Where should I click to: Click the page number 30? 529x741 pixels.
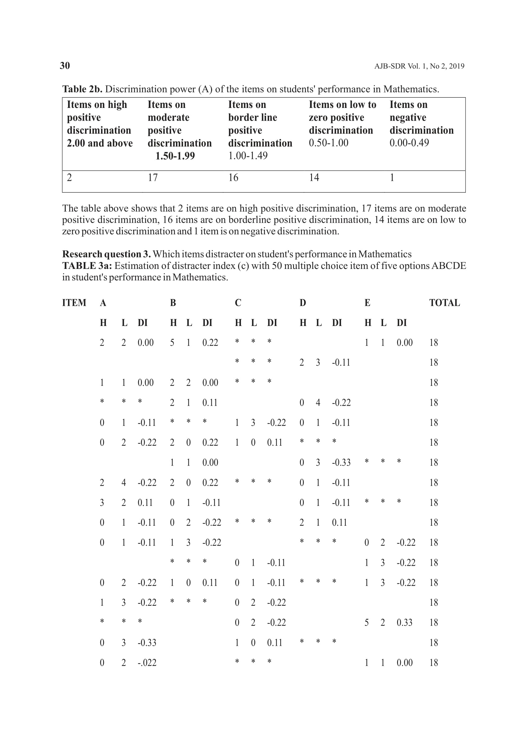(x=65, y=66)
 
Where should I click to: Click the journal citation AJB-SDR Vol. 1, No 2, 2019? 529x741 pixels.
(x=419, y=66)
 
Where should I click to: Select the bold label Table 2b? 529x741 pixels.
(x=82, y=89)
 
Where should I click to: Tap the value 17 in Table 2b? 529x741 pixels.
(x=152, y=178)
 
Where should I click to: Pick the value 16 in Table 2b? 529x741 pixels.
(x=233, y=178)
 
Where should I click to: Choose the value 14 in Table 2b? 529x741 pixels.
(x=314, y=178)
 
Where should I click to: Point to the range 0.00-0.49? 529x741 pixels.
(x=409, y=143)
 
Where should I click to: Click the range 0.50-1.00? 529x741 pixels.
(x=328, y=143)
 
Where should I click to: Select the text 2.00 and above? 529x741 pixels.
(x=100, y=143)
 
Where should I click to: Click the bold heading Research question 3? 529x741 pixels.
(x=106, y=254)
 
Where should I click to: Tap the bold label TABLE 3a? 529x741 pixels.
(x=87, y=266)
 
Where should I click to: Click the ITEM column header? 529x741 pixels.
(x=74, y=303)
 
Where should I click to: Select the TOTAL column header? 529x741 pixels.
(x=444, y=303)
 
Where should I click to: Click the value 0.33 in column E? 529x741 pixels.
(x=404, y=623)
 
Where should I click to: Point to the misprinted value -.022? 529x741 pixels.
(x=147, y=663)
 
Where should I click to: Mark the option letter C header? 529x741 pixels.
(x=238, y=303)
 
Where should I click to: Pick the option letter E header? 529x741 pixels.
(x=367, y=303)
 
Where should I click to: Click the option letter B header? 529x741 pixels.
(x=173, y=303)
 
